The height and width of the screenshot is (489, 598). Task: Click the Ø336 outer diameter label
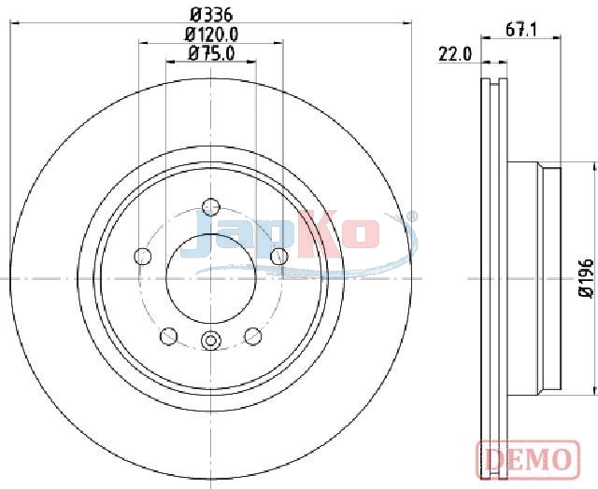pyautogui.click(x=211, y=15)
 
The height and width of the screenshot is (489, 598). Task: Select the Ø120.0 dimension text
pyautogui.click(x=211, y=35)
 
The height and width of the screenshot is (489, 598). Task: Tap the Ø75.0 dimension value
pyautogui.click(x=211, y=54)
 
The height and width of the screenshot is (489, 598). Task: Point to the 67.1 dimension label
pyautogui.click(x=521, y=30)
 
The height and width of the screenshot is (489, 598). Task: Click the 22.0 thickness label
pyautogui.click(x=455, y=54)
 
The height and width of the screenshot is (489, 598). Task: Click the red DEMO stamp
pyautogui.click(x=528, y=459)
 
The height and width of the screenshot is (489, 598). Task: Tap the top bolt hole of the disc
pyautogui.click(x=211, y=207)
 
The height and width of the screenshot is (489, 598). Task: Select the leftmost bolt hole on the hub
pyautogui.click(x=143, y=256)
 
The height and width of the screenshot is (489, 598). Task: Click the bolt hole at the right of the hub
pyautogui.click(x=279, y=256)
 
